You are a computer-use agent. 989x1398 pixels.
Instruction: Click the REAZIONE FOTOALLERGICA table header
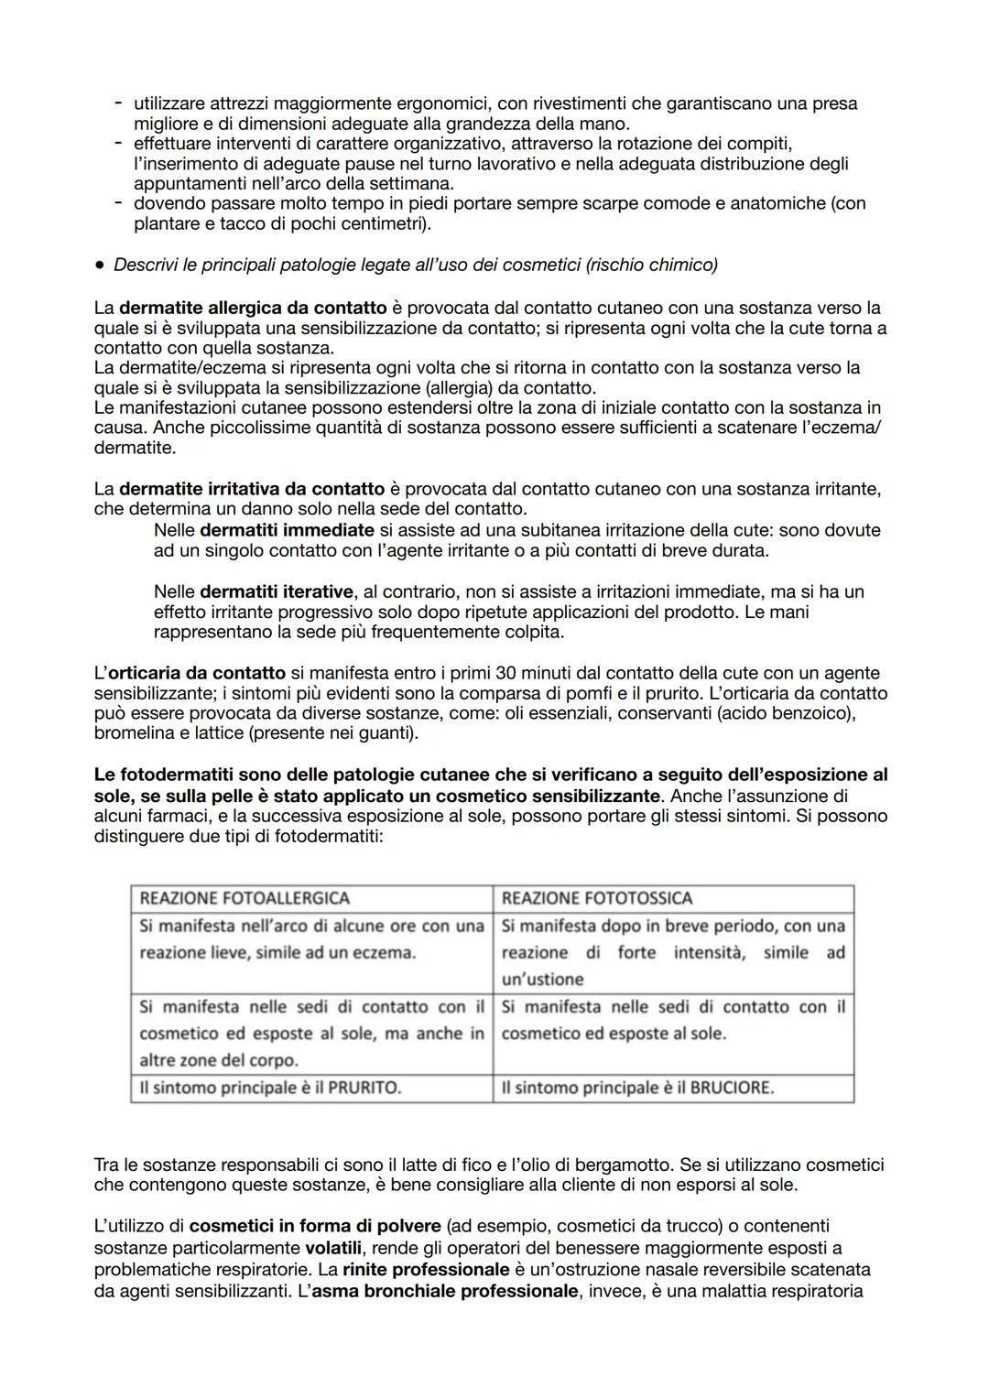245,898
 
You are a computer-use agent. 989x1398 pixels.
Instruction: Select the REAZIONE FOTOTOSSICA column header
597,898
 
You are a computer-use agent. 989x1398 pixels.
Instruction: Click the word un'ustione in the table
542,979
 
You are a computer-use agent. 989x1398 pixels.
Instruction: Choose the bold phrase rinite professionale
426,1270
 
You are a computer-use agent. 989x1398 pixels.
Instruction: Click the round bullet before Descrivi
98,266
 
